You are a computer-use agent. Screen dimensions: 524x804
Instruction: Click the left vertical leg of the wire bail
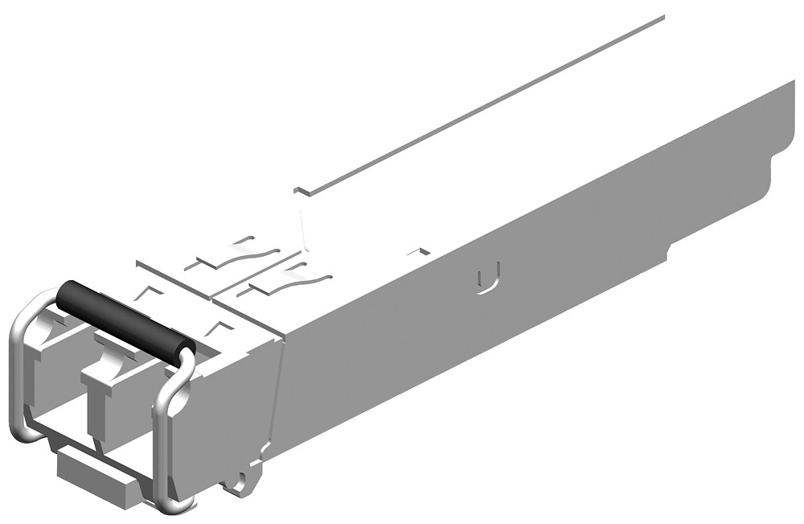[x=15, y=378]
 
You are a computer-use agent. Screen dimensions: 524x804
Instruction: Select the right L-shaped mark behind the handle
[x=219, y=326]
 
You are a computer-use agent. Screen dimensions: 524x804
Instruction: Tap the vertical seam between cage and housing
[x=276, y=402]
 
